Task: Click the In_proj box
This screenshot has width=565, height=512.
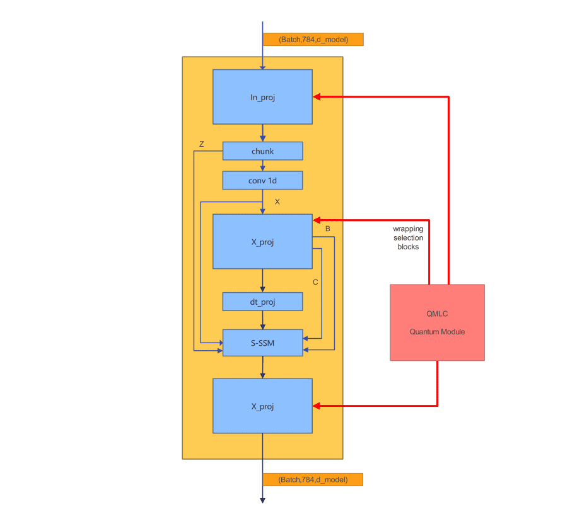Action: [262, 97]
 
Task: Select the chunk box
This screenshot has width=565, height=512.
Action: [262, 151]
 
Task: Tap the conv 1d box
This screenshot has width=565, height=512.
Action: [262, 181]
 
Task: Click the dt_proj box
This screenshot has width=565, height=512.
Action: [262, 302]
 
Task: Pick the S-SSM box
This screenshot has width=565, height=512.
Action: [262, 343]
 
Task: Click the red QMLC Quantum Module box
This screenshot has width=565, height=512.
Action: [437, 322]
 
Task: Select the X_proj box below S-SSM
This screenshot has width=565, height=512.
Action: [262, 406]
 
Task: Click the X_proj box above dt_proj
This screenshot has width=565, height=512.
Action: [262, 242]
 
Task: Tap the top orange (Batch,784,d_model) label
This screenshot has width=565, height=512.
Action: [313, 39]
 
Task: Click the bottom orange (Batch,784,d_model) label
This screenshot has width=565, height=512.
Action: [313, 479]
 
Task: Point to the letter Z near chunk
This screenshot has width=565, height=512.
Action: [201, 144]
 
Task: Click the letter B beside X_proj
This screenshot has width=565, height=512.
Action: [327, 229]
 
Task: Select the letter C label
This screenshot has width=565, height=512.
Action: [315, 282]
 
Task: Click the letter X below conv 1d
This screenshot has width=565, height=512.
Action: [277, 202]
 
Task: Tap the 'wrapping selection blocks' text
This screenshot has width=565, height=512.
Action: [408, 237]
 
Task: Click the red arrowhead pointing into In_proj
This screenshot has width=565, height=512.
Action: [317, 97]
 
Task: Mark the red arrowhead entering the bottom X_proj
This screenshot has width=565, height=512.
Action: [317, 406]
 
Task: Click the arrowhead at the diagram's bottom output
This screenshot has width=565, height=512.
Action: [262, 500]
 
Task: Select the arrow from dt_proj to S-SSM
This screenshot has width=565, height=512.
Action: [262, 321]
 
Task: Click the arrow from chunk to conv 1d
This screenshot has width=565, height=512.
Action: [262, 166]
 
